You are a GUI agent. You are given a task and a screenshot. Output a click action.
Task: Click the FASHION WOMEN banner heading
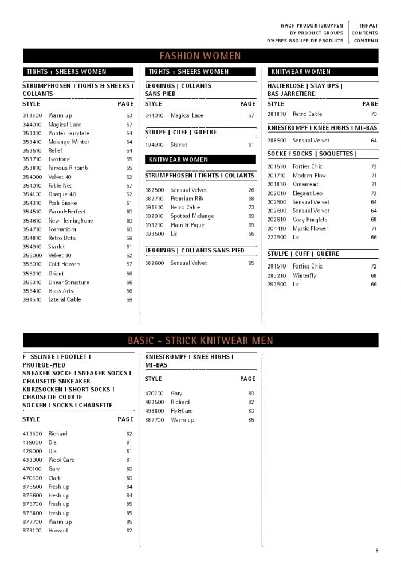click(200, 56)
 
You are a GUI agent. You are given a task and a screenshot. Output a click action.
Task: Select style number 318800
click(32, 115)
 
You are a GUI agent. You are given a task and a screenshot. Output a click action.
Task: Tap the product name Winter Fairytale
click(69, 133)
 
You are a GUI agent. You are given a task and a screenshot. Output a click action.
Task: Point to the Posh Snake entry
click(62, 203)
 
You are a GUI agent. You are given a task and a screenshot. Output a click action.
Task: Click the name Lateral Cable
click(65, 299)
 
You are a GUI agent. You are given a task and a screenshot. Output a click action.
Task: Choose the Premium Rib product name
click(187, 199)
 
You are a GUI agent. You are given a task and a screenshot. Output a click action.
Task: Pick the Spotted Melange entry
click(192, 216)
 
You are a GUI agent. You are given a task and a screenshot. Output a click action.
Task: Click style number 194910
click(155, 145)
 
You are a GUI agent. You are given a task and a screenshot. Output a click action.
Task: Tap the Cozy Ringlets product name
click(310, 220)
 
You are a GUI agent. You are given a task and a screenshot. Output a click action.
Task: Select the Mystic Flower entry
click(310, 228)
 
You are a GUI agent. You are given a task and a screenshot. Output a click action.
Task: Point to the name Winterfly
click(304, 275)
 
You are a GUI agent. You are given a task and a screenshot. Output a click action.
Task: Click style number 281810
click(277, 114)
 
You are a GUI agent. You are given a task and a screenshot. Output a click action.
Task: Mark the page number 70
click(374, 114)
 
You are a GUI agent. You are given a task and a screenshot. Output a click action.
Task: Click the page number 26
click(251, 190)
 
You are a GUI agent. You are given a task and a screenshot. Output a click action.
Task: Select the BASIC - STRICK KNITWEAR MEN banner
click(200, 341)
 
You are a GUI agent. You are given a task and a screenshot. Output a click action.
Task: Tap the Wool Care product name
click(61, 460)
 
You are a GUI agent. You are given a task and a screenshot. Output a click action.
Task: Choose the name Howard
click(58, 531)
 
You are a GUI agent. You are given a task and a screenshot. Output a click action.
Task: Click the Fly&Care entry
click(182, 411)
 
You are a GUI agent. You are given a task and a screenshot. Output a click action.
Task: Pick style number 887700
click(155, 420)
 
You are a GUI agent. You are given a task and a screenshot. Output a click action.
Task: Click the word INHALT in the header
click(368, 26)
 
